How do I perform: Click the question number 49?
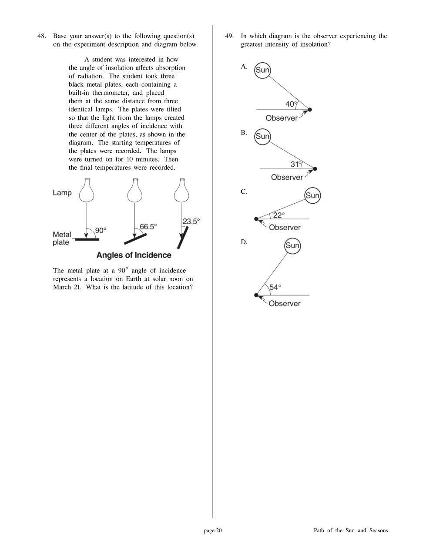(x=229, y=36)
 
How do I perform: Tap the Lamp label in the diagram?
(x=62, y=192)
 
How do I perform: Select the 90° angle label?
(x=101, y=230)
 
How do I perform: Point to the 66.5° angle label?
(x=148, y=226)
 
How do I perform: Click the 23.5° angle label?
(x=191, y=221)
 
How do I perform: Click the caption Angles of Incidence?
(x=134, y=255)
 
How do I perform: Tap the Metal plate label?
(x=61, y=238)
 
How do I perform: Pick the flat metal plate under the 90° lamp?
(x=87, y=239)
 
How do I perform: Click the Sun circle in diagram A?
(x=262, y=70)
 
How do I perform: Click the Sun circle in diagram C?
(x=312, y=195)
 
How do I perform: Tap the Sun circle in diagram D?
(x=292, y=245)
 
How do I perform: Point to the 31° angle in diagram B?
(x=296, y=164)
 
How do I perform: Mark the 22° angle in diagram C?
(x=278, y=215)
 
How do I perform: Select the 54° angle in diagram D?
(x=275, y=287)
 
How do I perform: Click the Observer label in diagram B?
(x=287, y=177)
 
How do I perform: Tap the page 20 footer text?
(x=213, y=530)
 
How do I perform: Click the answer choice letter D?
(x=244, y=242)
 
